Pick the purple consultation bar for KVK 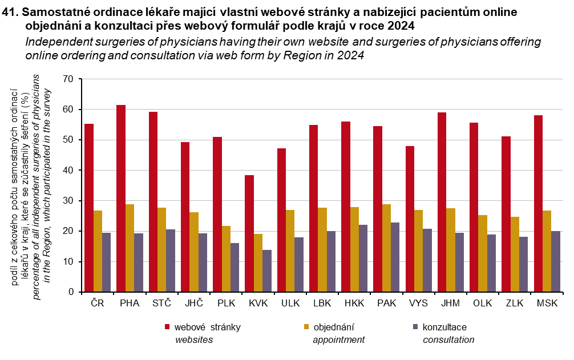coord(266,271)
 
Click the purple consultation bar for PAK coord(395,257)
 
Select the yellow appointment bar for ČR coord(98,251)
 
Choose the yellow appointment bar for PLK coord(226,259)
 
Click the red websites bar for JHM coord(442,202)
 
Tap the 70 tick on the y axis coord(68,79)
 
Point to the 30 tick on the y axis coord(68,201)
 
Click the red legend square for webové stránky coord(167,327)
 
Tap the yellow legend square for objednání coord(306,327)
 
